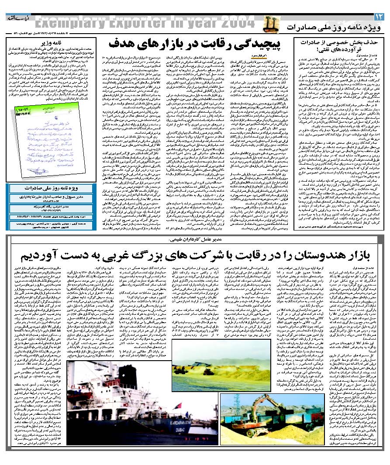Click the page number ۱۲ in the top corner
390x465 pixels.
tap(379, 16)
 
